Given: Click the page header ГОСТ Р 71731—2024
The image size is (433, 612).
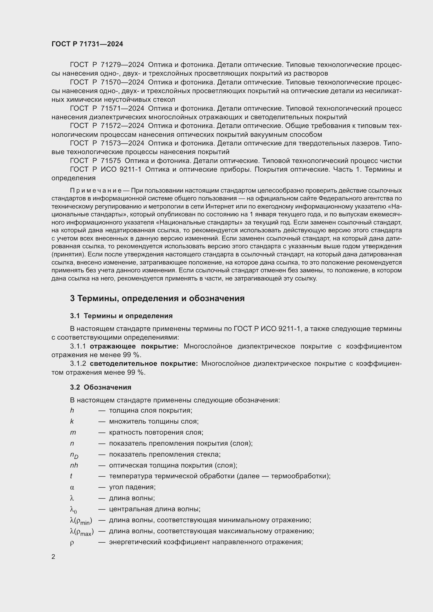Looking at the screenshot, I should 87,44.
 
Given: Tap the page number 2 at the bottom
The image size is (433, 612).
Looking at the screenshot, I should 53,557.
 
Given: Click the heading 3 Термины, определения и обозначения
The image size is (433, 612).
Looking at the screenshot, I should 157,298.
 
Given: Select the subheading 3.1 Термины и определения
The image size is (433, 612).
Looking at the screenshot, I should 121,316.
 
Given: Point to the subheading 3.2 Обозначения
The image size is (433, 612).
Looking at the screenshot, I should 101,387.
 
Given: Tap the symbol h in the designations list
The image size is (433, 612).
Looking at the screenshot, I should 72,411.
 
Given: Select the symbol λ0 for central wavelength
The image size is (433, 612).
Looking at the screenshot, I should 73,510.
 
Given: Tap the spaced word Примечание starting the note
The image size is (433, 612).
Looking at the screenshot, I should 96,190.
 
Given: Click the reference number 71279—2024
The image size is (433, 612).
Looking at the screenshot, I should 122,65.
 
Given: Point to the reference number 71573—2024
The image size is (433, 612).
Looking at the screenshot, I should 122,143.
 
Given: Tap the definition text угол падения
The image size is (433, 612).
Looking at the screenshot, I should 132,487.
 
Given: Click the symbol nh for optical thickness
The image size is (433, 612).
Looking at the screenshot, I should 74,465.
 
